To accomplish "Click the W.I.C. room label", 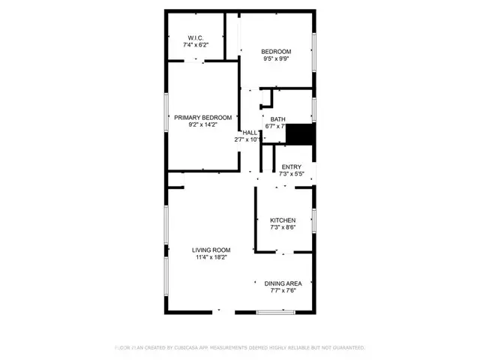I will point(195,37).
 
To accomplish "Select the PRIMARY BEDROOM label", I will point(202,118).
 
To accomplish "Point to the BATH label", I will point(277,119).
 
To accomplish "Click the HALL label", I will point(249,132).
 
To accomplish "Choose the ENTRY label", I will point(291,166).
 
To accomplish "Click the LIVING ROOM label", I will point(211,250).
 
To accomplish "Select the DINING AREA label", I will point(283,283).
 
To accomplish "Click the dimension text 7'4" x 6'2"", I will point(195,45).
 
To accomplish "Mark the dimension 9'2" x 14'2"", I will point(202,125).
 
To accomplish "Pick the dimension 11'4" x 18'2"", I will point(211,257).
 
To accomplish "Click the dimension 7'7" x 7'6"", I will point(283,290).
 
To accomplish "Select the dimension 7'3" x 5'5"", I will point(291,174).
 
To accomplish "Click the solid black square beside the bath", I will point(301,134).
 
